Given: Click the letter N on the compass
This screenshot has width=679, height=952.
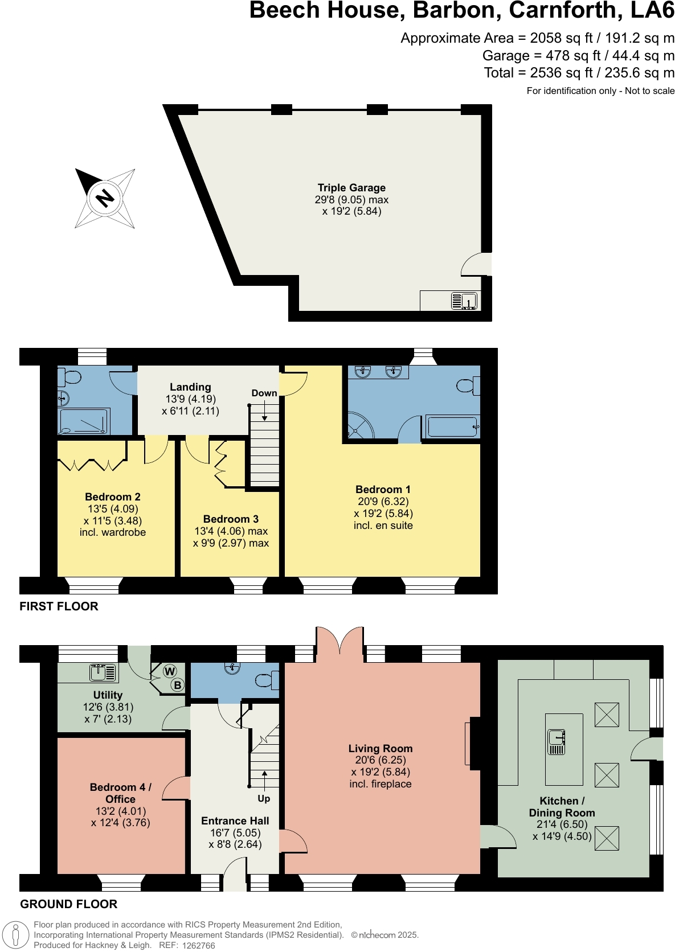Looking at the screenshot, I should click(x=105, y=198).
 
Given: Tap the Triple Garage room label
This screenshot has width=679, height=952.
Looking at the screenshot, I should click(x=351, y=188).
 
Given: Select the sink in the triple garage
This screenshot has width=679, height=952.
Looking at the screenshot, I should click(x=464, y=300).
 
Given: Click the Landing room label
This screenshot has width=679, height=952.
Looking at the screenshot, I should click(x=190, y=387).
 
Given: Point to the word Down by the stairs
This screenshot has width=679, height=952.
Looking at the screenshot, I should click(x=264, y=393).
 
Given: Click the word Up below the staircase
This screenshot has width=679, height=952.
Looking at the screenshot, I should click(x=264, y=799).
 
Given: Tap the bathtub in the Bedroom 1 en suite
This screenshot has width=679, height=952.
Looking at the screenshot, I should click(x=452, y=426).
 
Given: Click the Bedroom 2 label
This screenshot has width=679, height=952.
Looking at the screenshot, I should click(x=113, y=497).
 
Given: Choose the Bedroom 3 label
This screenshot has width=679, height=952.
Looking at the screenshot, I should click(x=231, y=519).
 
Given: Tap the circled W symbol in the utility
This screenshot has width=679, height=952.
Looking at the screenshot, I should click(x=170, y=671).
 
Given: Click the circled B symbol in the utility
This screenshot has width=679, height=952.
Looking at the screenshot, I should click(x=178, y=686).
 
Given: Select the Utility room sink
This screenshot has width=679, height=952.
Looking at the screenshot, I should click(x=103, y=672).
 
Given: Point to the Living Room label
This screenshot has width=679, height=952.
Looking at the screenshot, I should click(x=381, y=749).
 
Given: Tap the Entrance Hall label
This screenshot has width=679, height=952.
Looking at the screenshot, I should click(x=235, y=821).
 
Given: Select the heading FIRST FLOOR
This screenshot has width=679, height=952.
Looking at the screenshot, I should click(x=59, y=606).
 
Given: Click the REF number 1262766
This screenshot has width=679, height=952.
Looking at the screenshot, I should click(x=198, y=946).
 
